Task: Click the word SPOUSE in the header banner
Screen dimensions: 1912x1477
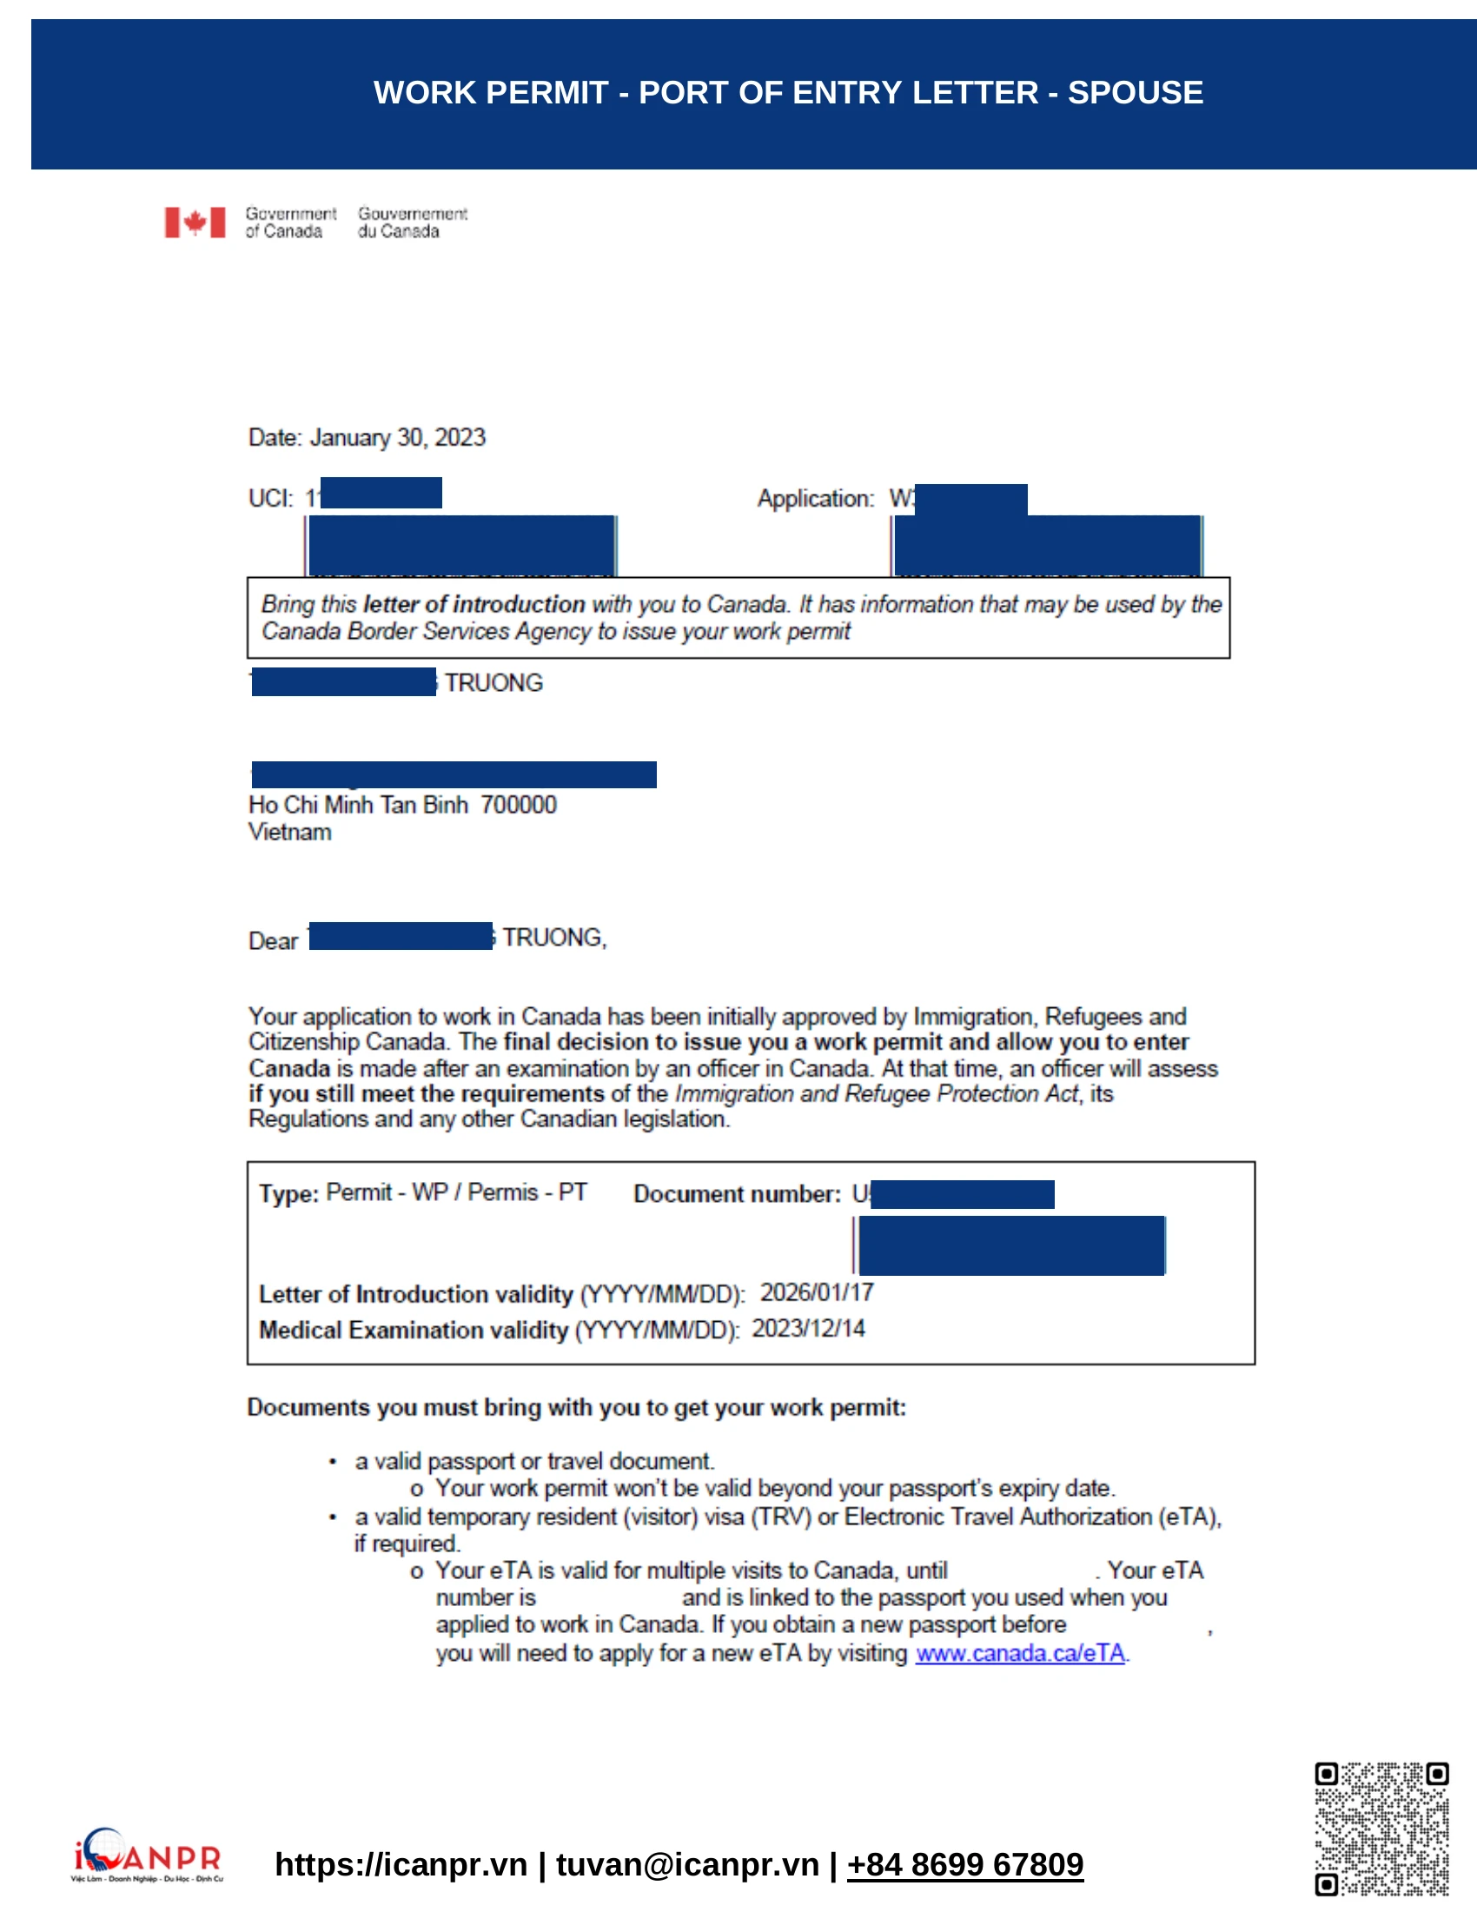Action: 1135,93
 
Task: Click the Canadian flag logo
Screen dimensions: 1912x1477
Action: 195,222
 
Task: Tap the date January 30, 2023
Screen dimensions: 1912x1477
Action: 397,438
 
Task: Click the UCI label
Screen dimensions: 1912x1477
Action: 269,499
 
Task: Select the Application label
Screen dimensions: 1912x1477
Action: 815,499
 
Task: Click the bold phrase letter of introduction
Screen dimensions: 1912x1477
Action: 474,604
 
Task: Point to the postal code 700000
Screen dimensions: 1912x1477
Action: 518,805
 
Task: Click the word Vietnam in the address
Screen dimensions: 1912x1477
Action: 289,832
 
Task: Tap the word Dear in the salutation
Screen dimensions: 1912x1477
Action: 273,941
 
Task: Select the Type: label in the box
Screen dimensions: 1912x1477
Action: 288,1194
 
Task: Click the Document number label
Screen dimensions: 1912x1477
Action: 737,1194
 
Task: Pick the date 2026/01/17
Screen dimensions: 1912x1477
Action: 817,1293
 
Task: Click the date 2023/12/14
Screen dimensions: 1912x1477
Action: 809,1329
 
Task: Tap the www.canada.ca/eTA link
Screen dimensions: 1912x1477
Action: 1019,1653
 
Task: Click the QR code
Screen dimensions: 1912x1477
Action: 1381,1828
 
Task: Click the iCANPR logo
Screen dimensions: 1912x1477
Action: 147,1855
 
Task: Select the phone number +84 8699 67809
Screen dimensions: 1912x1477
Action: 964,1865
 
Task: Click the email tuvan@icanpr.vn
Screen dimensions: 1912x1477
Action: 687,1865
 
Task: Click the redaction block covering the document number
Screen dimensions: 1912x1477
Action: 963,1194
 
